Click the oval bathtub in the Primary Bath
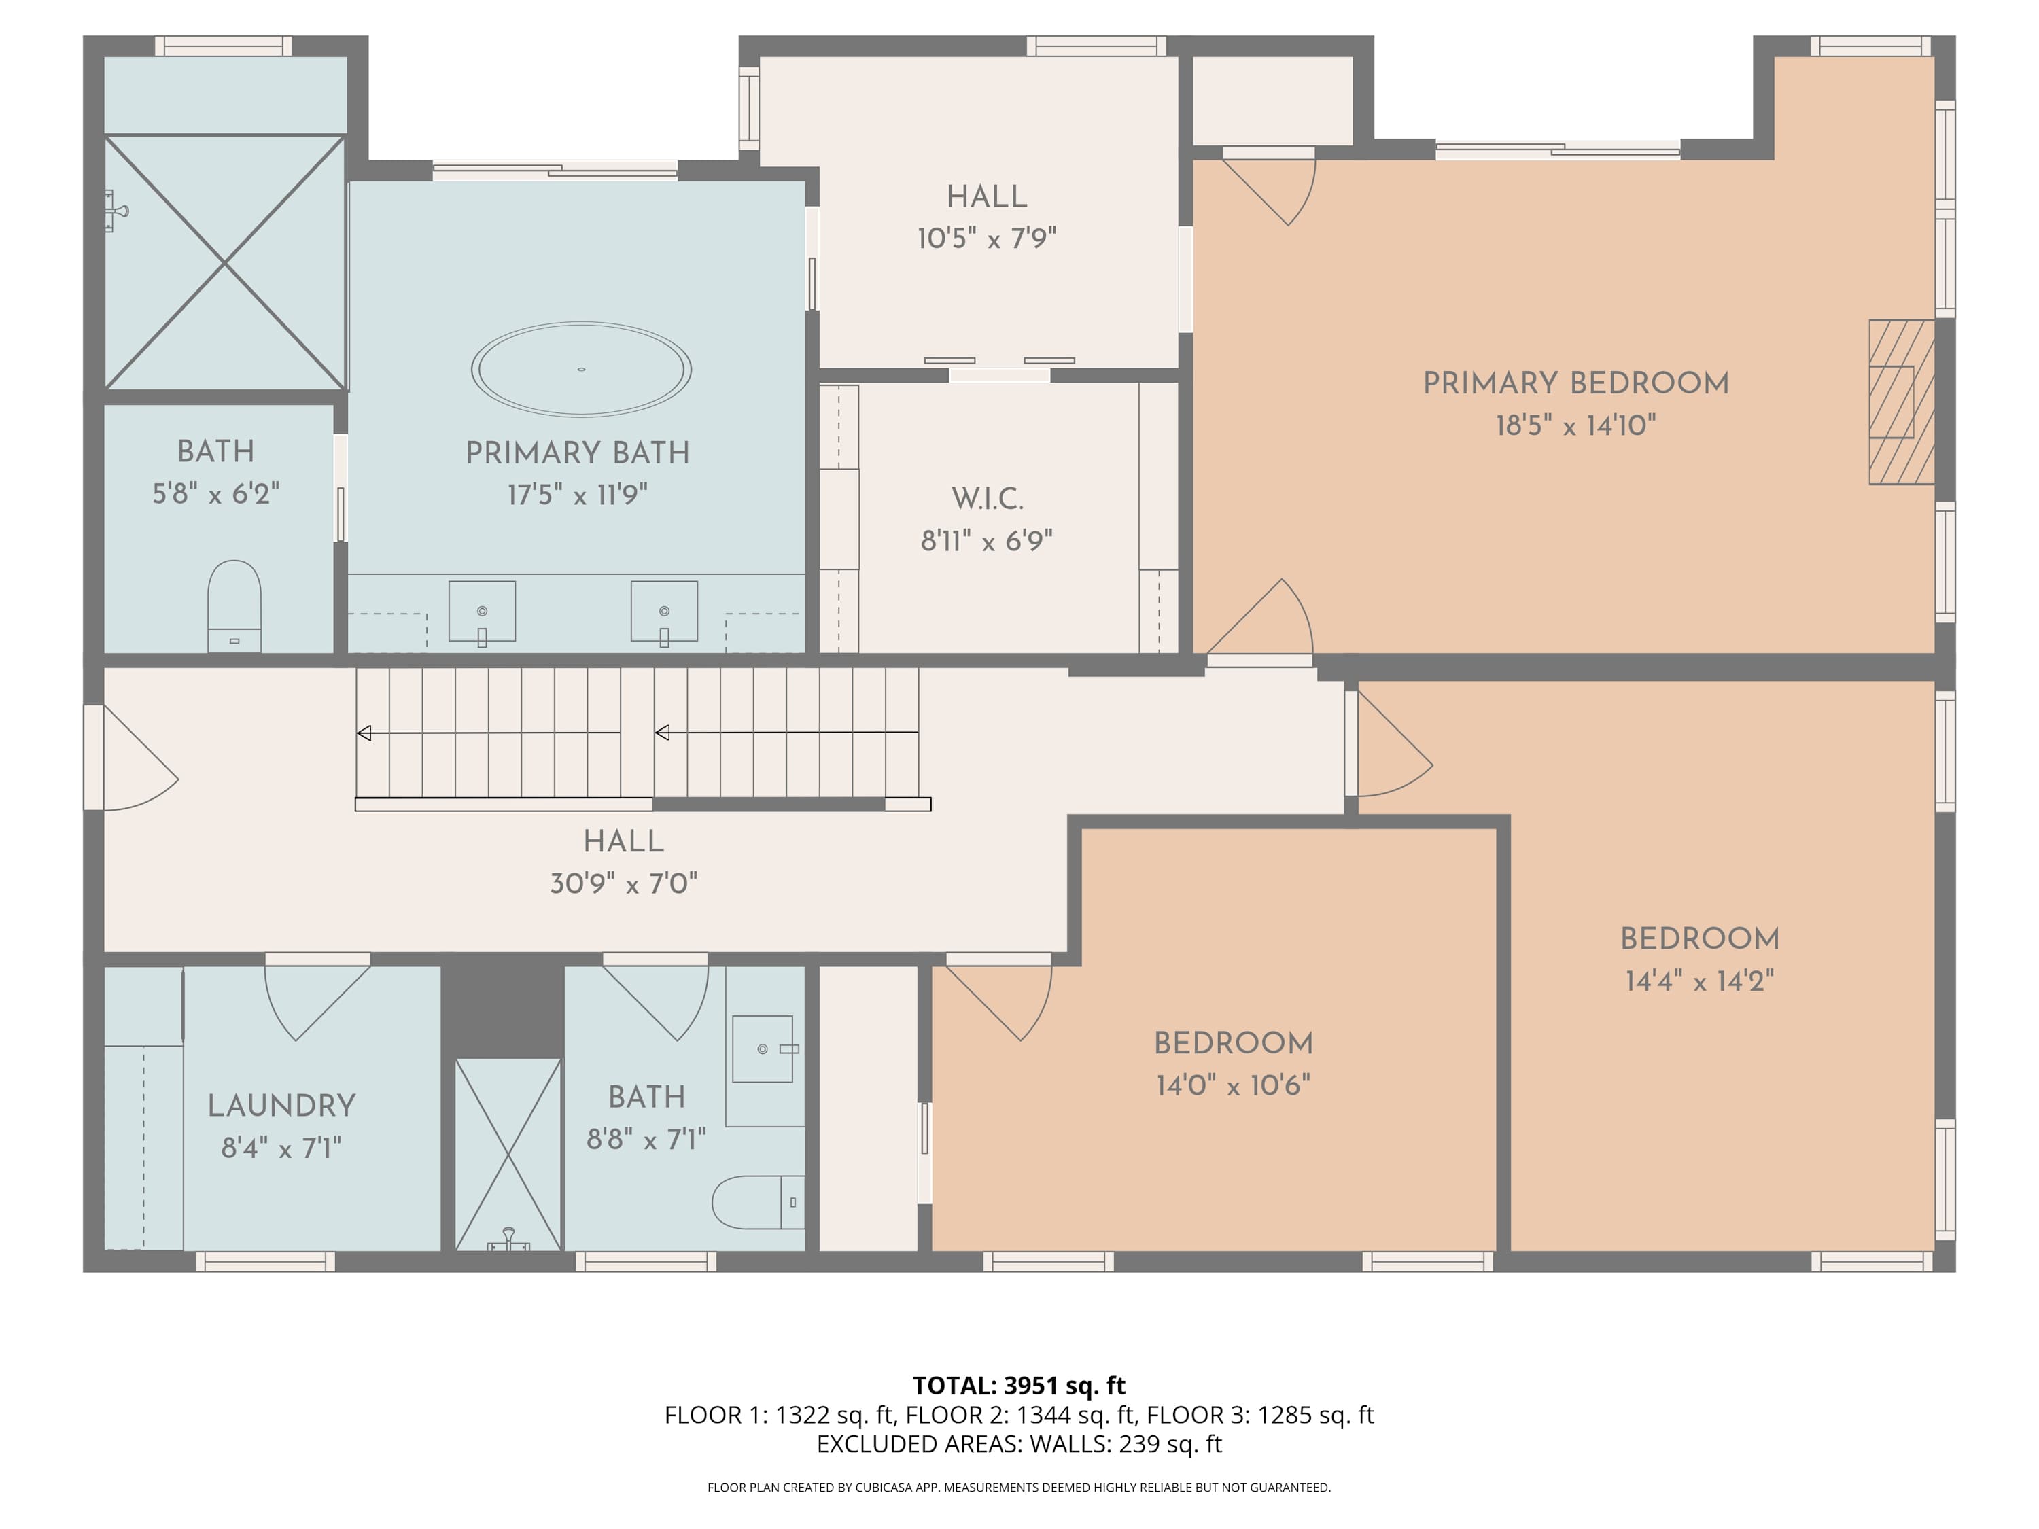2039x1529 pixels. tap(580, 368)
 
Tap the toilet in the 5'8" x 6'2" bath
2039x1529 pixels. tap(234, 603)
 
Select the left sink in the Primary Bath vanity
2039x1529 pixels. tap(481, 611)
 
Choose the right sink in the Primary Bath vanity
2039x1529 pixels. tap(663, 611)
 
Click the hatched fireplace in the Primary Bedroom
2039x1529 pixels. tap(1901, 402)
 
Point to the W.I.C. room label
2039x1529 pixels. tap(988, 499)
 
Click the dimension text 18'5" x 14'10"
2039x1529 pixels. tap(1575, 425)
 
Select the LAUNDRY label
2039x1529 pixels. tap(281, 1105)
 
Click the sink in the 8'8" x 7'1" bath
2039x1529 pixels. tap(763, 1049)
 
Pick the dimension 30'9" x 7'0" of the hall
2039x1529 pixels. tap(623, 883)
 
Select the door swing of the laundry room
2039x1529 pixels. tap(309, 1000)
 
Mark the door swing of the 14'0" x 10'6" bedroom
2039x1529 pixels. tap(1005, 1004)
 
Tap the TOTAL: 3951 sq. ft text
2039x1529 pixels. tap(1019, 1385)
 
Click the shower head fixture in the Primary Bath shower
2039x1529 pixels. tap(116, 210)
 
